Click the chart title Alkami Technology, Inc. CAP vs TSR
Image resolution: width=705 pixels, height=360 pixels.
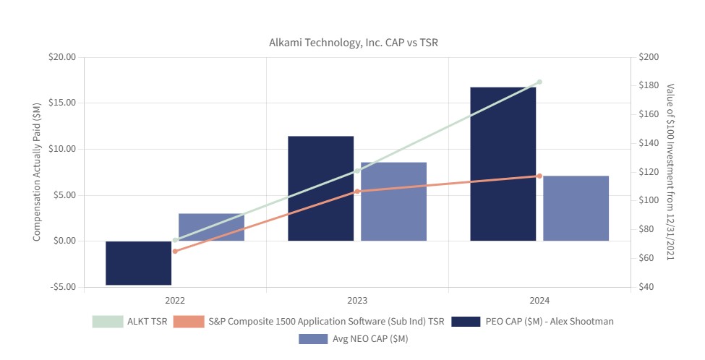[353, 43]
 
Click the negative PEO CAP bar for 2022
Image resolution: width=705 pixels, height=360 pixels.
[139, 263]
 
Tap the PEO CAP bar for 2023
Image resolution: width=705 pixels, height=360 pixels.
[320, 189]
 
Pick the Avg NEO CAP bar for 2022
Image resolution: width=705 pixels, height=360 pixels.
[211, 227]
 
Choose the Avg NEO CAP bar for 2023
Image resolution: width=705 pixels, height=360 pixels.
[393, 202]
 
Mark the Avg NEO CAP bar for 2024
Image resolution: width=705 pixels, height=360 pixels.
[576, 208]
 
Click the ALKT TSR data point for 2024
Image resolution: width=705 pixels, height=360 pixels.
[539, 82]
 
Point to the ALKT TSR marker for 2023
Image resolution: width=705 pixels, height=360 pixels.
[357, 171]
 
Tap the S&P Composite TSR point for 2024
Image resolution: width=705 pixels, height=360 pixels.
[539, 176]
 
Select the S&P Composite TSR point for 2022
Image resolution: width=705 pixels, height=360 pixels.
[175, 251]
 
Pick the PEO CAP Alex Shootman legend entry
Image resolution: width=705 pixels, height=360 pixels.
[531, 322]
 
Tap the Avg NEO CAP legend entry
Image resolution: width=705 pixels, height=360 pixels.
[353, 338]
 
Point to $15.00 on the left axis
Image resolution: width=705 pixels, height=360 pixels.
[61, 103]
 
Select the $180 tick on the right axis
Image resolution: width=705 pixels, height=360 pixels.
[649, 85]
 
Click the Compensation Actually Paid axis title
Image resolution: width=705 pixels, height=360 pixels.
[37, 172]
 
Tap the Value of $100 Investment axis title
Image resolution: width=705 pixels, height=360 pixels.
[670, 172]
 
